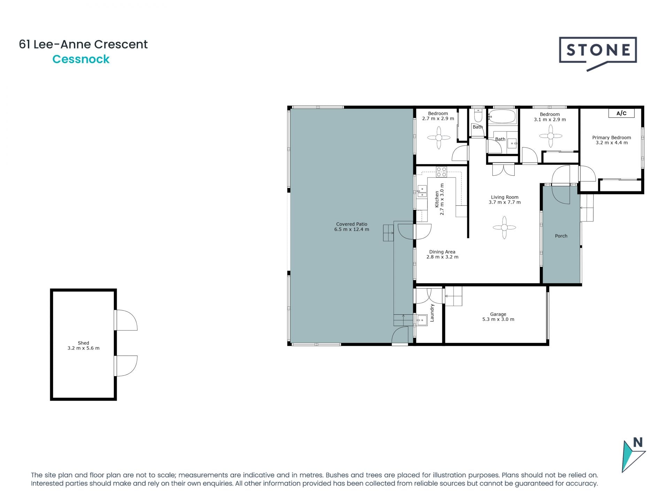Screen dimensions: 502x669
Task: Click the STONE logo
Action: point(598,51)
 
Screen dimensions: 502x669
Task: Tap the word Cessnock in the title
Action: point(81,59)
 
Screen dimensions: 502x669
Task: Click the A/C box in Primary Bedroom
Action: point(621,113)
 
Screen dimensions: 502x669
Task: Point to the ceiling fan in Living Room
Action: point(504,228)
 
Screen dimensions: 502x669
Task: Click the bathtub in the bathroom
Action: point(502,116)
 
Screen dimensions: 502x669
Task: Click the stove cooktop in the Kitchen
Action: point(441,172)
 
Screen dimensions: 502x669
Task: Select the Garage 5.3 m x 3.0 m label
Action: point(498,317)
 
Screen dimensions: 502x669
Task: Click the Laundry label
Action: point(432,313)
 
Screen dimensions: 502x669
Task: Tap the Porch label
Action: point(561,236)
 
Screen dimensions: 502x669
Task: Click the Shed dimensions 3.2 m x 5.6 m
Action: point(83,348)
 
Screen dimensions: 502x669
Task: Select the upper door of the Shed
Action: point(126,320)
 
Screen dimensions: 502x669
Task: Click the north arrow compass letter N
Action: point(638,442)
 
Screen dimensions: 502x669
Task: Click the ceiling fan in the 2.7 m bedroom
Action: point(439,138)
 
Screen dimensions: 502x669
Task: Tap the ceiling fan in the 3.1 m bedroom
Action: point(551,136)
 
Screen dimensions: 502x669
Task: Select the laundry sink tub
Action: point(422,320)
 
